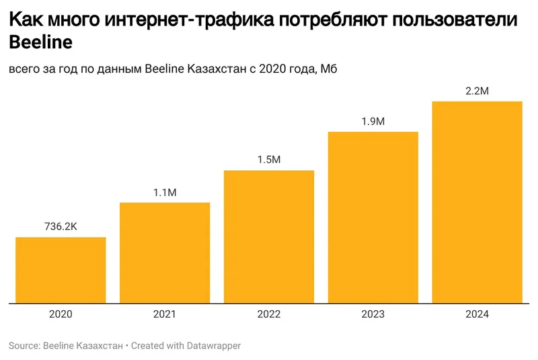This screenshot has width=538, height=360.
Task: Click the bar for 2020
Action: (x=61, y=270)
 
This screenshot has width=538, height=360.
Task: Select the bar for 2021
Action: (x=165, y=252)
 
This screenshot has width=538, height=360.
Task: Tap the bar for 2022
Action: (x=269, y=236)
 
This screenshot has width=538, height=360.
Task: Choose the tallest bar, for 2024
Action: (x=477, y=202)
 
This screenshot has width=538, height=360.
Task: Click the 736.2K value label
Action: (x=61, y=227)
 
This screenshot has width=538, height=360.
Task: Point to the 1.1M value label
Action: (x=165, y=192)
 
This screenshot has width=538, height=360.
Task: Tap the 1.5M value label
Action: (x=269, y=160)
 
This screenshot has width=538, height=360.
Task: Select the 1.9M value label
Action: (x=373, y=122)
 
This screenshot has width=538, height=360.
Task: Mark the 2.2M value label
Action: (x=477, y=91)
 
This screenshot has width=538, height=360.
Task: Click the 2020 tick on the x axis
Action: (x=61, y=314)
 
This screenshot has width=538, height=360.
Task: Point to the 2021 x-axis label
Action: (x=165, y=314)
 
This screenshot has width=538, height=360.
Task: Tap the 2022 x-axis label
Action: (x=269, y=314)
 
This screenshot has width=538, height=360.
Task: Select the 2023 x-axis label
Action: (x=373, y=314)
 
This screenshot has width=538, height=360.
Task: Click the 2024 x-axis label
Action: (x=477, y=314)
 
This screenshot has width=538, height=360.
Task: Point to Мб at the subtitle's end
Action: (x=328, y=69)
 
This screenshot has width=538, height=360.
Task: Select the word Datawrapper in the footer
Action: (x=209, y=346)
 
